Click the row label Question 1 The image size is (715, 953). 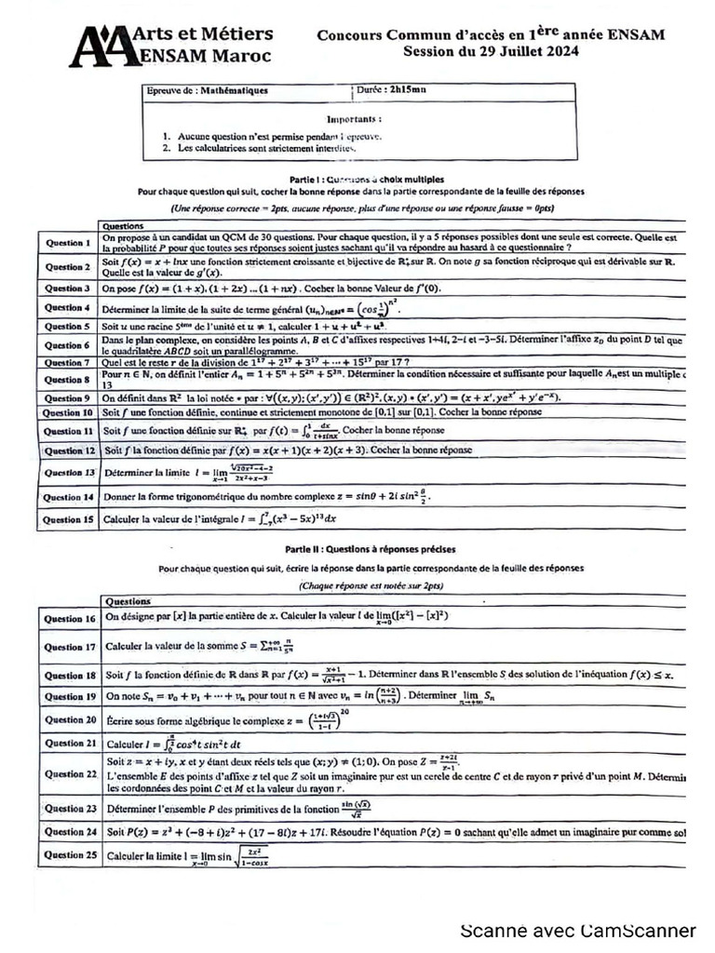[x=67, y=243]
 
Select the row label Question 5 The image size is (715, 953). [x=67, y=327]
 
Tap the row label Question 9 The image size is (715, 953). [x=67, y=397]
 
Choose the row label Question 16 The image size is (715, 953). [x=71, y=619]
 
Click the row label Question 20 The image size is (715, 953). [x=71, y=719]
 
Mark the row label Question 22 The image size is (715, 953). [x=71, y=774]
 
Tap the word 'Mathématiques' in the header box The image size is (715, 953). [x=234, y=91]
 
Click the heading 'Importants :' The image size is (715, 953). [x=355, y=119]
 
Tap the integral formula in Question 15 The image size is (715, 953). [x=286, y=519]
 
